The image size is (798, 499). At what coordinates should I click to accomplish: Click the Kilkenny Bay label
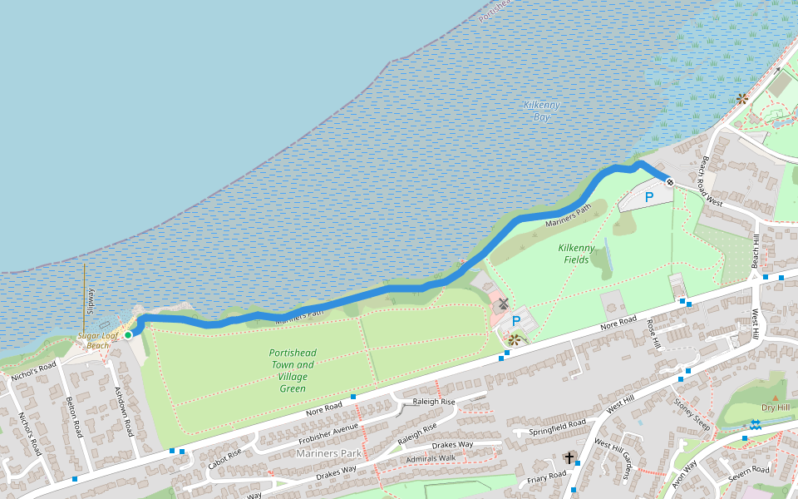point(542,111)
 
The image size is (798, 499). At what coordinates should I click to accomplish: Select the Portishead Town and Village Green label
point(293,370)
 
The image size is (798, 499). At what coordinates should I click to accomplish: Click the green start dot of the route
point(128,334)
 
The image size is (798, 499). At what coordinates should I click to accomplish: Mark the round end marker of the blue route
point(669,180)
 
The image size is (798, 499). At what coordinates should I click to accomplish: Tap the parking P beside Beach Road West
point(649,197)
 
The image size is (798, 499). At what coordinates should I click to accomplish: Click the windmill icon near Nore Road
point(503,304)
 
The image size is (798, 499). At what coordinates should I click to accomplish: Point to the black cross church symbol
point(569,457)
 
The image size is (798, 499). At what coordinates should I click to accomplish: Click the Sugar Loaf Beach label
point(93,340)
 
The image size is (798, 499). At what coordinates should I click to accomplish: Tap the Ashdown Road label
point(124,411)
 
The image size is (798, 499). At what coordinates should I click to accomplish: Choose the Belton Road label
point(75,416)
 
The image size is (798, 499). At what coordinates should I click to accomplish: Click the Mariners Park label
point(328,453)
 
